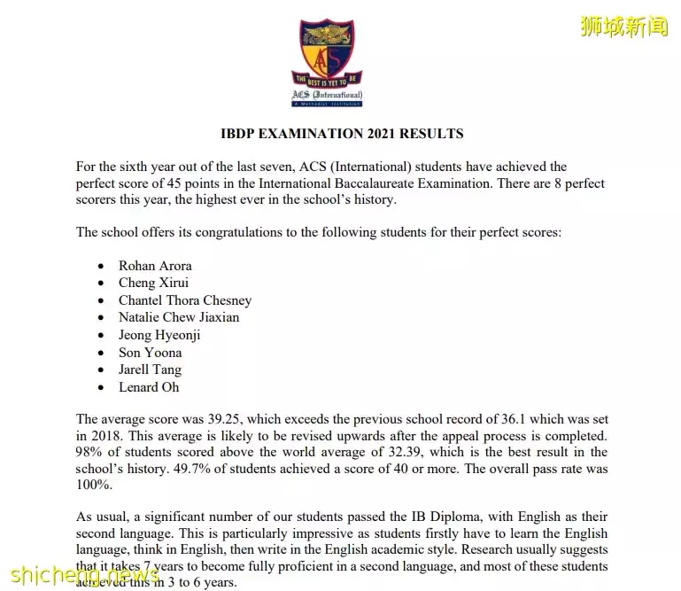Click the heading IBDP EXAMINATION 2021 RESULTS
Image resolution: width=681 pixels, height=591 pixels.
(342, 134)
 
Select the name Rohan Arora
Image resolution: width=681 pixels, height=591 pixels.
(155, 265)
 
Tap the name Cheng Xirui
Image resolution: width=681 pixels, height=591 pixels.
(153, 283)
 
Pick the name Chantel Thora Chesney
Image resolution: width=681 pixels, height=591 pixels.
(185, 300)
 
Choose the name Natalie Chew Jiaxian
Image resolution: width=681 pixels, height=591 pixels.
(179, 317)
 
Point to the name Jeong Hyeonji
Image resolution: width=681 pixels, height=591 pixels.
(159, 335)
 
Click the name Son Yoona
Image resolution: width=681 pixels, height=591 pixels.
(150, 353)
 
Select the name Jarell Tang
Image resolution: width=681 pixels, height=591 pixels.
(150, 369)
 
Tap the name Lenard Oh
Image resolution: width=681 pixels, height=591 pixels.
(149, 387)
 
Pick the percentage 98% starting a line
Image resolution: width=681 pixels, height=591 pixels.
(89, 452)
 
